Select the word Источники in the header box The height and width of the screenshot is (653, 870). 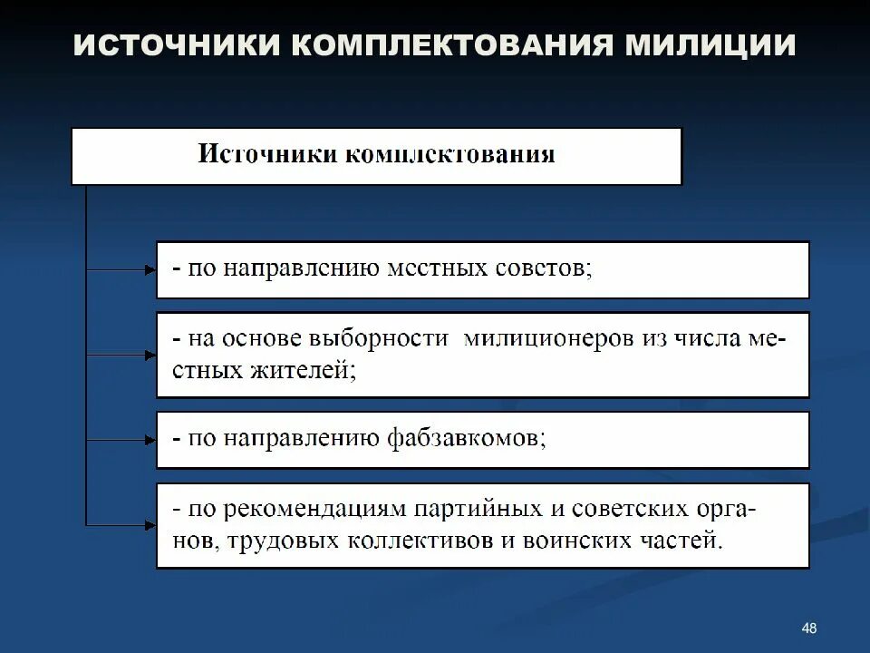(267, 154)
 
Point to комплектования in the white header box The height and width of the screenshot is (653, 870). (449, 154)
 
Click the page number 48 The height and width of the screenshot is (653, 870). (809, 629)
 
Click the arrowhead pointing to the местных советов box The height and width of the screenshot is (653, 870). (150, 269)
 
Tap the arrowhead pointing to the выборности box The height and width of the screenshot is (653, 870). (150, 355)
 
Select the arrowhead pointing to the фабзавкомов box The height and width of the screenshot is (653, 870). (150, 440)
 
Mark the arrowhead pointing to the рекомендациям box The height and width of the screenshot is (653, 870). (150, 524)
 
